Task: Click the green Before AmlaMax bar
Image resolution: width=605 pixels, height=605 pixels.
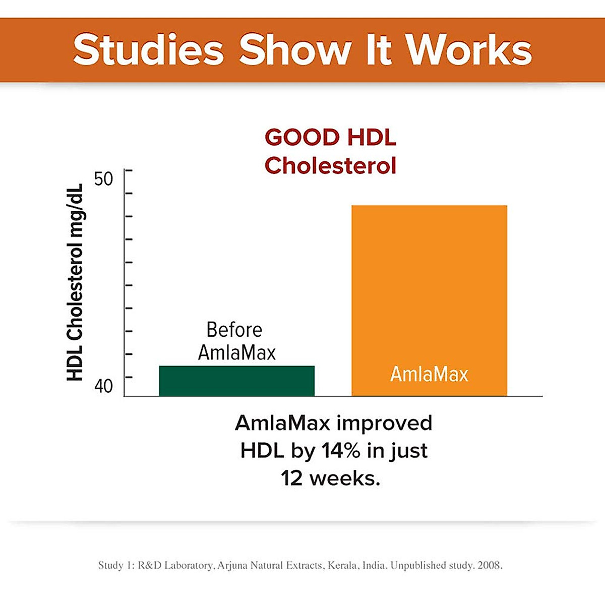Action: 236,381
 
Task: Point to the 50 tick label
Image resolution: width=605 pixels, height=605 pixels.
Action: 103,178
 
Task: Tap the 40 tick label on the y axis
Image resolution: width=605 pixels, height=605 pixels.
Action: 103,387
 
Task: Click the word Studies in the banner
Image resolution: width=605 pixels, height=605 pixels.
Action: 148,50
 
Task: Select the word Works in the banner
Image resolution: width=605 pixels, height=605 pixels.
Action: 468,50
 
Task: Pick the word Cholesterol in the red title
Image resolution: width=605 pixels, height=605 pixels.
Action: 330,165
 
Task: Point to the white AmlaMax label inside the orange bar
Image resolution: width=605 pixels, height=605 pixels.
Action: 429,374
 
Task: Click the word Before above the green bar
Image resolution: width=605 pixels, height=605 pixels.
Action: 234,330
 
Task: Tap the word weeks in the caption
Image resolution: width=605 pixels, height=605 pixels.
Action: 345,477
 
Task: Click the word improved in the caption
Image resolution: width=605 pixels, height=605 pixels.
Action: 384,422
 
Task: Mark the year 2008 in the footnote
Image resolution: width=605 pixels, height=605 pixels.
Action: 490,565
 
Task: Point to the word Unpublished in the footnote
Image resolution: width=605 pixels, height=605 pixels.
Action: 418,565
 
